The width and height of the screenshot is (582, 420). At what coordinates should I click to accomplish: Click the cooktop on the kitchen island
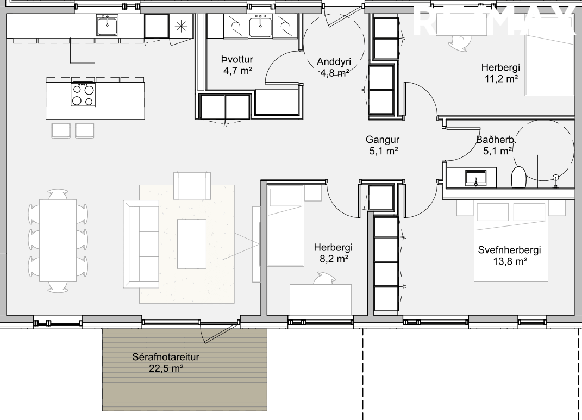[83, 94]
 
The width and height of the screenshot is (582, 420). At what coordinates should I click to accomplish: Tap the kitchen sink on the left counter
[107, 26]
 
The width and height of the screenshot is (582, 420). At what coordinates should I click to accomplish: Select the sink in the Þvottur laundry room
[260, 26]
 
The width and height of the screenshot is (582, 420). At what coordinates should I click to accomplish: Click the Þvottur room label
[237, 59]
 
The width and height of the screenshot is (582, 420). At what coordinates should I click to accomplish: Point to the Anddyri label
[334, 62]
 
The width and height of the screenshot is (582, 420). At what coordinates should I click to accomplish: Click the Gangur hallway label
[383, 140]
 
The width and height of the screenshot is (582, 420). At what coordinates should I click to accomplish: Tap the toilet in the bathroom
[518, 177]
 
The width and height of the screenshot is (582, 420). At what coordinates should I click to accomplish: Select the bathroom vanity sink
[476, 178]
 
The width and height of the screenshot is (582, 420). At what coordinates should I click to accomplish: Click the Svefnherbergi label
[509, 250]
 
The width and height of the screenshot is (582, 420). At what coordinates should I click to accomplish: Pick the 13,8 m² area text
[510, 261]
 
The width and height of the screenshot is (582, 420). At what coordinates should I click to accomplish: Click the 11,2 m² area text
[500, 79]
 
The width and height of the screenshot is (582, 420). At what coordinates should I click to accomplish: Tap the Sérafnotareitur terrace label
[166, 357]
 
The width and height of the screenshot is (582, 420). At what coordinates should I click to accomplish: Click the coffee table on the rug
[191, 244]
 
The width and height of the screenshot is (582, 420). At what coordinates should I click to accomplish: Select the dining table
[58, 240]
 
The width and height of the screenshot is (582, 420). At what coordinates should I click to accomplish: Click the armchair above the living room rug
[192, 185]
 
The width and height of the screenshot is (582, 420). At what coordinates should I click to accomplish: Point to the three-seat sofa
[141, 244]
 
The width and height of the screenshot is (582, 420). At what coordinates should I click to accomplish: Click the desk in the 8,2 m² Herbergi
[320, 299]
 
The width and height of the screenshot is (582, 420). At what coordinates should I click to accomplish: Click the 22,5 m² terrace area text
[166, 368]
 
